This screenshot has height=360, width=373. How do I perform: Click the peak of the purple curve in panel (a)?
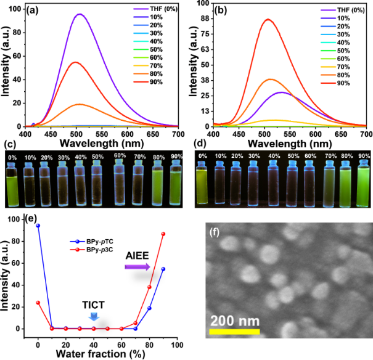tap(80, 14)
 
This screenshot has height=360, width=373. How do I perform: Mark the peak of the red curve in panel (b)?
tap(267, 19)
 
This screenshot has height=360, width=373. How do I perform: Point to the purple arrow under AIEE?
tap(137, 266)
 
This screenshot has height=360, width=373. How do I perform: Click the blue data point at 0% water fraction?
tap(38, 226)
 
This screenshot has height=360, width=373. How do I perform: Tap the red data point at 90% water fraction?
tap(163, 234)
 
